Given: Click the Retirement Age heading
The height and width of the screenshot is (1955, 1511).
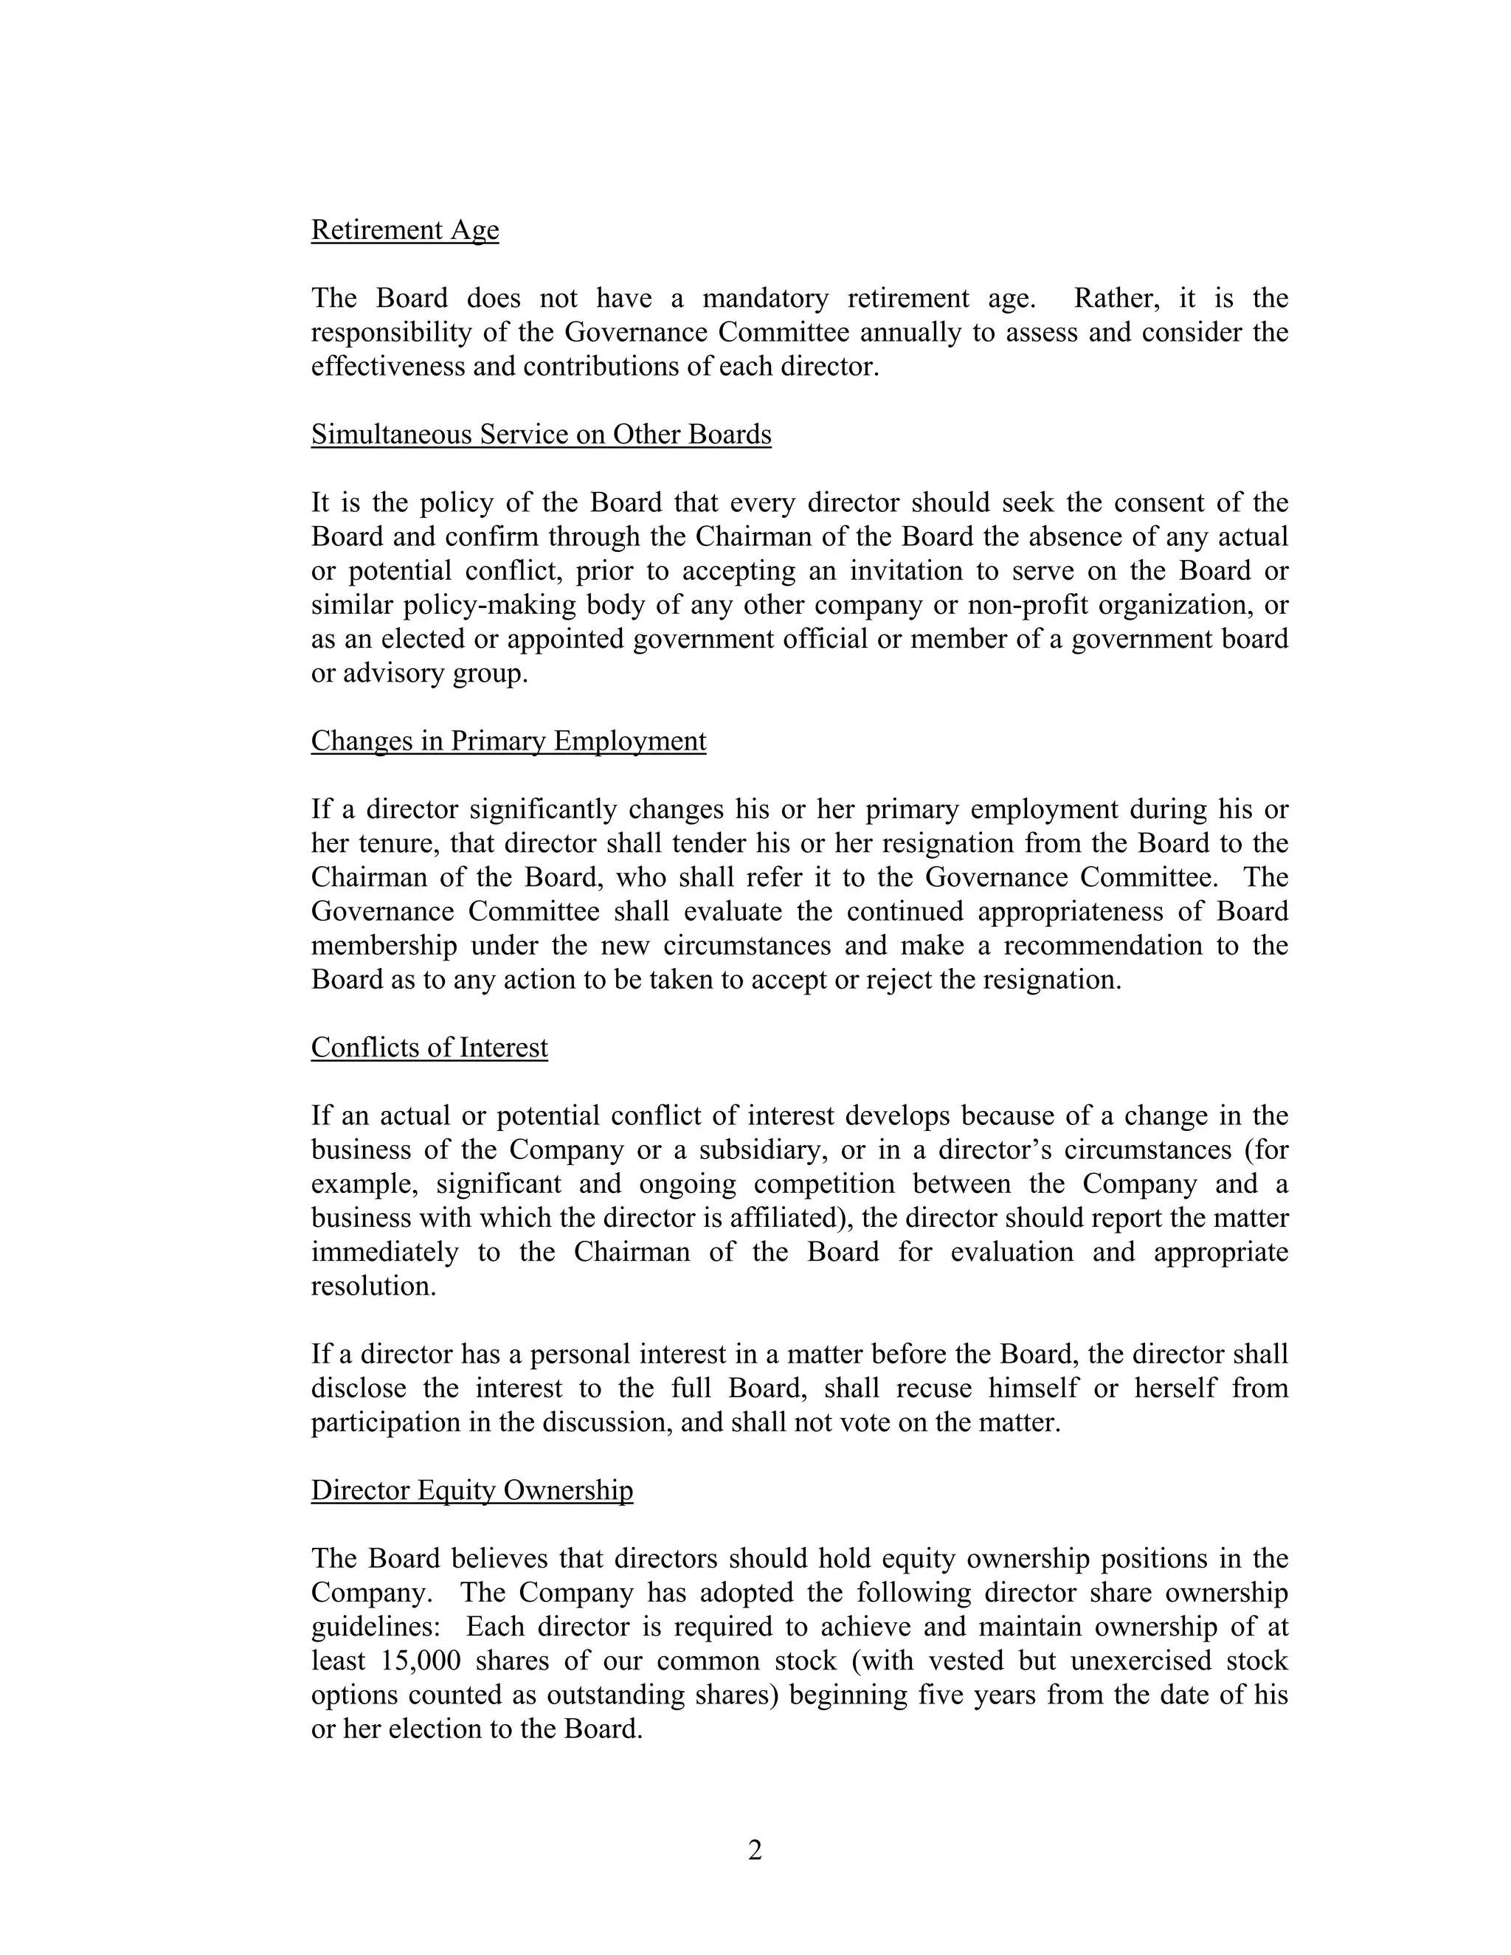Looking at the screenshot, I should point(404,230).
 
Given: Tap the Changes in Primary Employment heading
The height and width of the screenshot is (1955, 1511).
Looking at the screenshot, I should point(508,741).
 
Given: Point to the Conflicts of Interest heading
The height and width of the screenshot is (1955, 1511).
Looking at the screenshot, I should point(429,1048).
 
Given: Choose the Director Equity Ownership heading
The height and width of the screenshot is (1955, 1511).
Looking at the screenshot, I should point(471,1490).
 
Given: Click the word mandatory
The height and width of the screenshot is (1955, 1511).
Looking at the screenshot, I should point(764,298).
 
